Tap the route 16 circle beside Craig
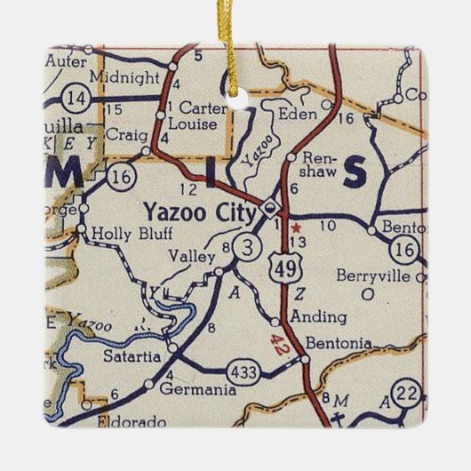click(x=122, y=177)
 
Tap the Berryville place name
click(x=369, y=275)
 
